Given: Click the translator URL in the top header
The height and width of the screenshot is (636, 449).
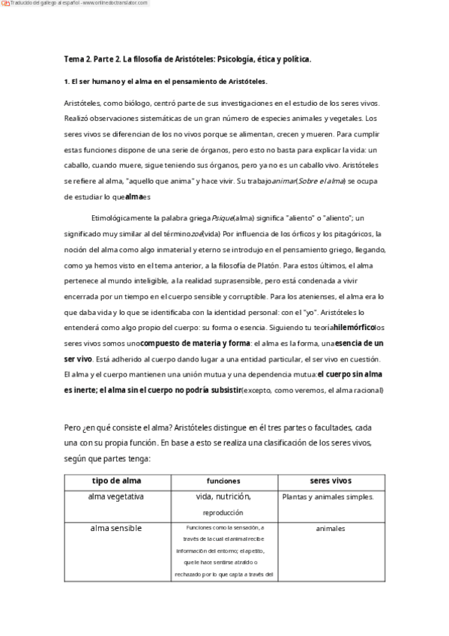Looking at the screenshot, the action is tap(117, 4).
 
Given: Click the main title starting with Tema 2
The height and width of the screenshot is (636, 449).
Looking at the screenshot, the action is tap(187, 58).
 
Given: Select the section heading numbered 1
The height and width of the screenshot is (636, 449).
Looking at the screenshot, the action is tap(166, 81).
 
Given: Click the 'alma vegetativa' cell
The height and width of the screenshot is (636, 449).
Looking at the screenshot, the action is tap(117, 496).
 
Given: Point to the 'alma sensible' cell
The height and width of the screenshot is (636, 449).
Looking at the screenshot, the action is tap(117, 528).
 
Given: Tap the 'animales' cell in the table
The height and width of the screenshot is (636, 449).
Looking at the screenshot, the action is tap(331, 529).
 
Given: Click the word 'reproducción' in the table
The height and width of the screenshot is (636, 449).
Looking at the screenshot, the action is tap(222, 513).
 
